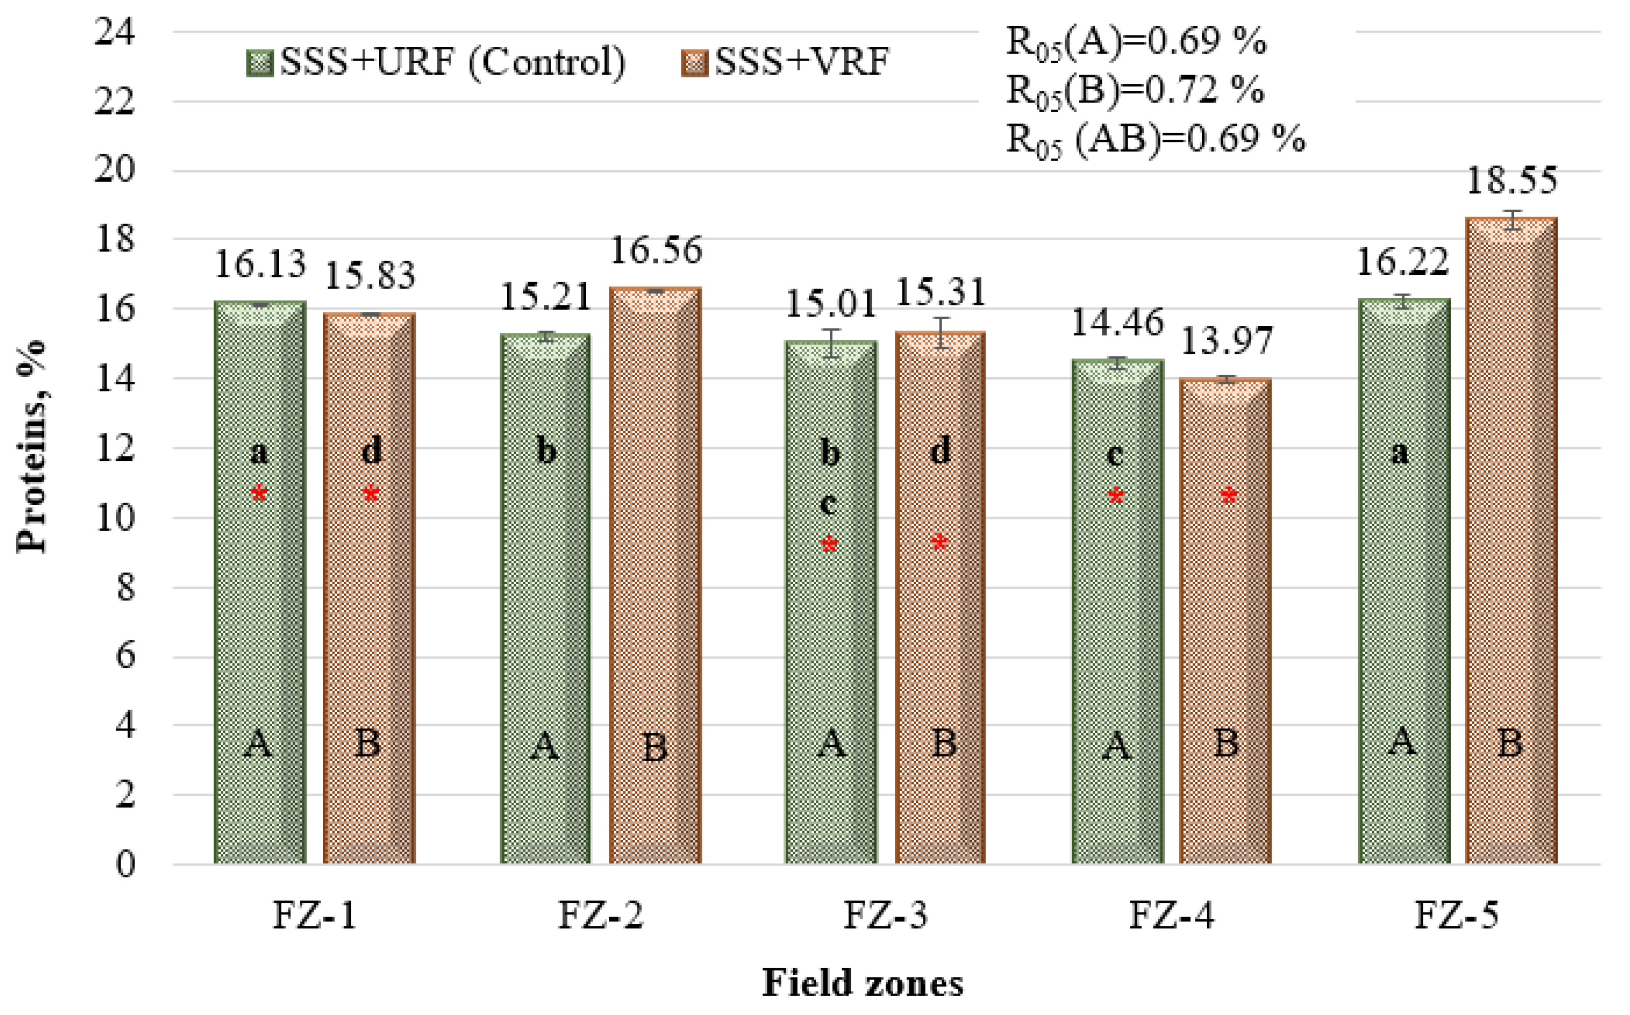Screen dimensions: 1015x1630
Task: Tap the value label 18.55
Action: pos(1511,180)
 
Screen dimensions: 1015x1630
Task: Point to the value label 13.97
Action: pos(1226,341)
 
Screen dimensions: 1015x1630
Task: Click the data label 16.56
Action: pos(656,250)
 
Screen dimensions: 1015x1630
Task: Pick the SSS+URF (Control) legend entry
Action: pos(436,62)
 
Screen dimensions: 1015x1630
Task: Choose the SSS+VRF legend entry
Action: pos(786,62)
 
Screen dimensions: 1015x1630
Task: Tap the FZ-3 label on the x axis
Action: pos(886,914)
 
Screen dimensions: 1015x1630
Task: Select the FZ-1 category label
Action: pos(314,914)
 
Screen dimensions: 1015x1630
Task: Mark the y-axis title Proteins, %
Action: pos(32,447)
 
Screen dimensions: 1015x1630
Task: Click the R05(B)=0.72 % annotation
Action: pos(1134,91)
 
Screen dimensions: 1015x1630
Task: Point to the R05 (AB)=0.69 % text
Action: pos(1155,140)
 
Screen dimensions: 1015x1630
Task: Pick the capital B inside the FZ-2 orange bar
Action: pos(655,747)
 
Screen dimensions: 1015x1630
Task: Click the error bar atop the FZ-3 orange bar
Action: pos(941,333)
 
